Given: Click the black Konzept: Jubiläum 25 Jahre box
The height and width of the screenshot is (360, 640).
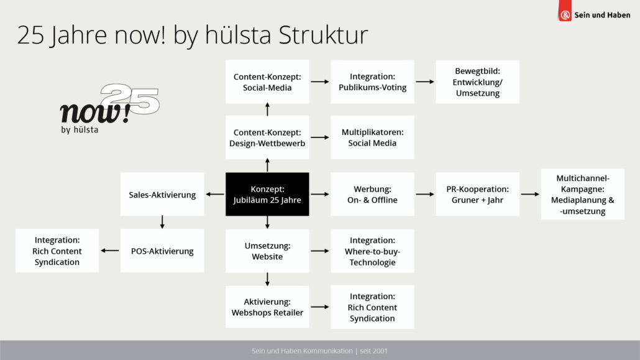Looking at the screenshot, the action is tap(267, 194).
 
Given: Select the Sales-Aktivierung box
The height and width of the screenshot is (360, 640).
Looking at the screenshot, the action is tap(162, 194).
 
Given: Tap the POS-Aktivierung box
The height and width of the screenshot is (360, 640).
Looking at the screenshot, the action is tap(162, 251).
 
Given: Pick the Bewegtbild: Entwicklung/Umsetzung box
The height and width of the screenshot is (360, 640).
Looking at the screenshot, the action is tap(478, 81).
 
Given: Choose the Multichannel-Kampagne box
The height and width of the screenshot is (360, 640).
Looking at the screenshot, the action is tap(582, 194).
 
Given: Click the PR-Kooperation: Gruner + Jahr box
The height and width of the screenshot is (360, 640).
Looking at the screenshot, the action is tap(478, 194).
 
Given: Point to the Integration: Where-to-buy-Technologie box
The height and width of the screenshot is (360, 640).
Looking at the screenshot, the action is tap(372, 251).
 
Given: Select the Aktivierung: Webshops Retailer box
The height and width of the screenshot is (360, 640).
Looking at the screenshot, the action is tap(267, 307).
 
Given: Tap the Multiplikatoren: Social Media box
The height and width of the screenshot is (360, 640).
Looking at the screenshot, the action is tap(372, 137).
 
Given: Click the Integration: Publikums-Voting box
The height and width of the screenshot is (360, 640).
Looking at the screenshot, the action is tap(372, 81).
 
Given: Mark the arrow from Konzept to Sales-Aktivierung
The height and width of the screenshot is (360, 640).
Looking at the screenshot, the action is tap(215, 194).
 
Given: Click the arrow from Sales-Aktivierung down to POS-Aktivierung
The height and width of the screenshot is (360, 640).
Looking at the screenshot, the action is tap(162, 222).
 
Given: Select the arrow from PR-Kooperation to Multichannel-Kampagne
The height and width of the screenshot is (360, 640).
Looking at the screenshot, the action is tap(530, 194).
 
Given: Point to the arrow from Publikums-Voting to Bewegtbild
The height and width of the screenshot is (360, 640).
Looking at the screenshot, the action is tap(425, 81).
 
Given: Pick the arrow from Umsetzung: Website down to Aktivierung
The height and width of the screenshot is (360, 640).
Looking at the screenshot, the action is tap(267, 279).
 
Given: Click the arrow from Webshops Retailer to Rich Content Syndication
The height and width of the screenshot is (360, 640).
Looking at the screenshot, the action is tap(319, 307).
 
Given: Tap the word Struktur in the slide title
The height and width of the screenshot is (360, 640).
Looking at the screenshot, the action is tap(323, 35).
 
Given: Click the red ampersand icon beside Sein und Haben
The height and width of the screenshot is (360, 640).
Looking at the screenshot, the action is tap(565, 15).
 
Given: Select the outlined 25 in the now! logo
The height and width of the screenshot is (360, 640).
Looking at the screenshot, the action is tap(130, 98).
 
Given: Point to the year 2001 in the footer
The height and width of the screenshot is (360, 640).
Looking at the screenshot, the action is tap(380, 351).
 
